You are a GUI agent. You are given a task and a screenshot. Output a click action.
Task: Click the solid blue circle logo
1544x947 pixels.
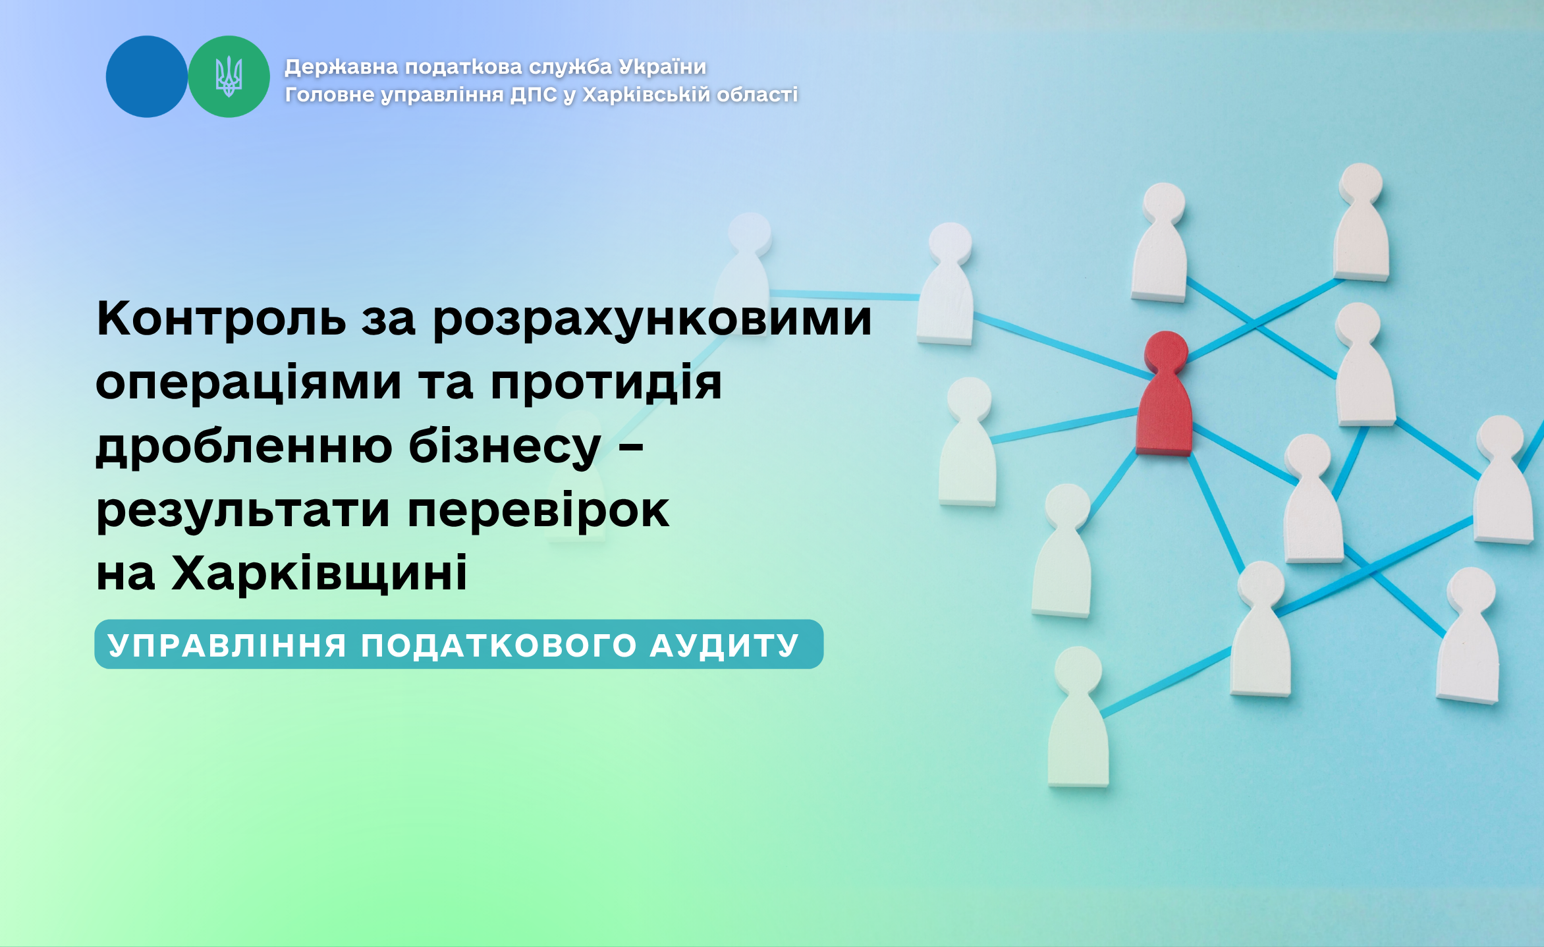147,76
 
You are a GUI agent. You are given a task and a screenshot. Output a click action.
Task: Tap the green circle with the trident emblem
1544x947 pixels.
229,76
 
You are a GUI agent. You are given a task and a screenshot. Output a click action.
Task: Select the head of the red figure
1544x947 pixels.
1166,351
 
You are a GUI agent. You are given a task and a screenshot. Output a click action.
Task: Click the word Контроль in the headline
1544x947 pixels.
221,319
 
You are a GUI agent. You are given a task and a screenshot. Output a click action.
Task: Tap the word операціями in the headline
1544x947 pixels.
248,383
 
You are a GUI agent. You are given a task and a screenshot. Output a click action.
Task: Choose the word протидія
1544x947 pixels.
606,383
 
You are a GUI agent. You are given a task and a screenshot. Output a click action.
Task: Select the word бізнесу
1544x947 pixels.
505,446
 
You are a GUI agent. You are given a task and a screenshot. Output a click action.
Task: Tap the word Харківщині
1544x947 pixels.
319,572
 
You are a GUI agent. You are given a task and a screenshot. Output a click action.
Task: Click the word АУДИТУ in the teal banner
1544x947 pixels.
725,645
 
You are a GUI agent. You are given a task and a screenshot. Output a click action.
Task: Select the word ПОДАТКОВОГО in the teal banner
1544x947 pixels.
499,645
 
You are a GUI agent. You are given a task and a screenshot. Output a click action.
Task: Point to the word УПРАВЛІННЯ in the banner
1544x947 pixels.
227,645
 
